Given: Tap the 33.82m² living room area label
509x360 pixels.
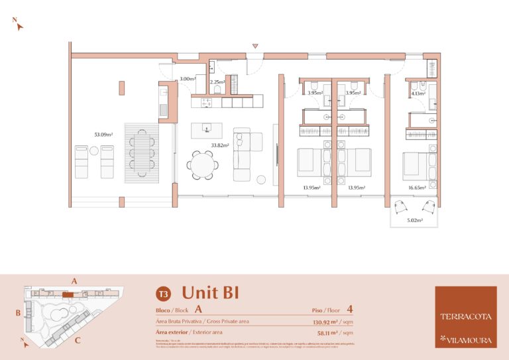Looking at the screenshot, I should (220, 145).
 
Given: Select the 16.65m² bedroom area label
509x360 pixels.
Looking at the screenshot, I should (418, 188).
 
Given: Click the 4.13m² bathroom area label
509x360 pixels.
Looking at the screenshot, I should (418, 93).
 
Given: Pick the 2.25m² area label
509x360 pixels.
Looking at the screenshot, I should (217, 83).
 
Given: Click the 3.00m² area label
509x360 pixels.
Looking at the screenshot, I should (187, 79).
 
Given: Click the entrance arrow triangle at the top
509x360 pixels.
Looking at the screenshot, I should (255, 46).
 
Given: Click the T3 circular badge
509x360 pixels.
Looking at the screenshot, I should (162, 293).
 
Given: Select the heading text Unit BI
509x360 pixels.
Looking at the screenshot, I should (210, 292).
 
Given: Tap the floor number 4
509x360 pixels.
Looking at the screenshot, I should (349, 309).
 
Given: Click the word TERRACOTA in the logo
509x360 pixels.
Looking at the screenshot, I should (465, 316).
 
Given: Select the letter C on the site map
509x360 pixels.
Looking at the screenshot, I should (78, 341).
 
